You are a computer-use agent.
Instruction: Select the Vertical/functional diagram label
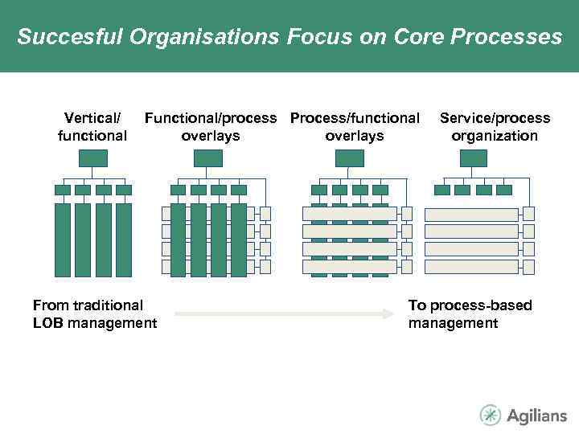click(x=92, y=127)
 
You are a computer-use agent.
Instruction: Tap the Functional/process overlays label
click(x=210, y=127)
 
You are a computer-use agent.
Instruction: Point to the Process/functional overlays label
click(x=355, y=127)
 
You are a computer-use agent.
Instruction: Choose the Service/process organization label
click(x=495, y=127)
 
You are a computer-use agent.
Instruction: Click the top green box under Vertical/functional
click(x=93, y=158)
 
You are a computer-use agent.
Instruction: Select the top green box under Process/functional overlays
click(x=350, y=158)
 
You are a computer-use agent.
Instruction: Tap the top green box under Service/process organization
click(x=474, y=158)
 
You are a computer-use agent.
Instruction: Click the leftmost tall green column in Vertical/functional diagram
click(x=63, y=240)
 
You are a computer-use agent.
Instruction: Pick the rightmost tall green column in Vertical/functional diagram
click(x=124, y=240)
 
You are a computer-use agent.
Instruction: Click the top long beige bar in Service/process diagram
click(x=471, y=215)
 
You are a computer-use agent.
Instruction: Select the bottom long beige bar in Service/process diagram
click(x=471, y=267)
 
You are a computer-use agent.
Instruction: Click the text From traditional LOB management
click(x=94, y=314)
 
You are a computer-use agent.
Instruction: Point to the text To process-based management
click(x=470, y=314)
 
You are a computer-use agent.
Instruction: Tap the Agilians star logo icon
click(x=490, y=415)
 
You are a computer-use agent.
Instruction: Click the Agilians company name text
click(x=536, y=416)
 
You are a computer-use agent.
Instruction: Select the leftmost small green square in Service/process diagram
click(x=442, y=190)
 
